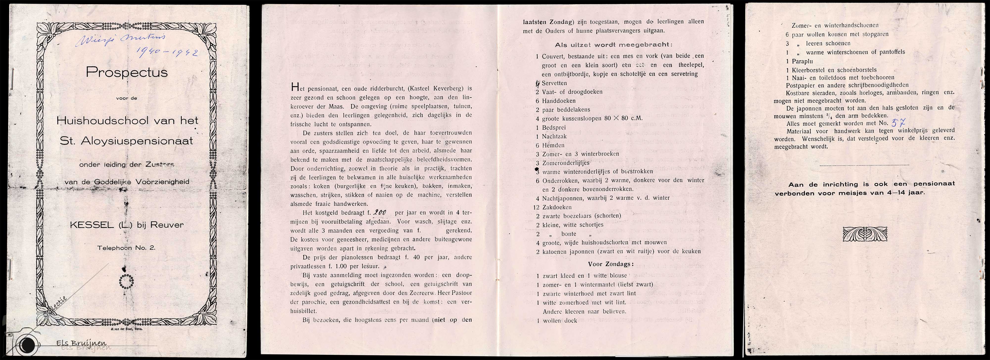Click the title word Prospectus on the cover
point(126,72)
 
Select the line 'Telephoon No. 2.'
point(126,248)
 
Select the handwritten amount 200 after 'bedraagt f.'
point(380,213)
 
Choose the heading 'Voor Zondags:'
point(611,264)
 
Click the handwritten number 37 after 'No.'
point(898,123)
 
